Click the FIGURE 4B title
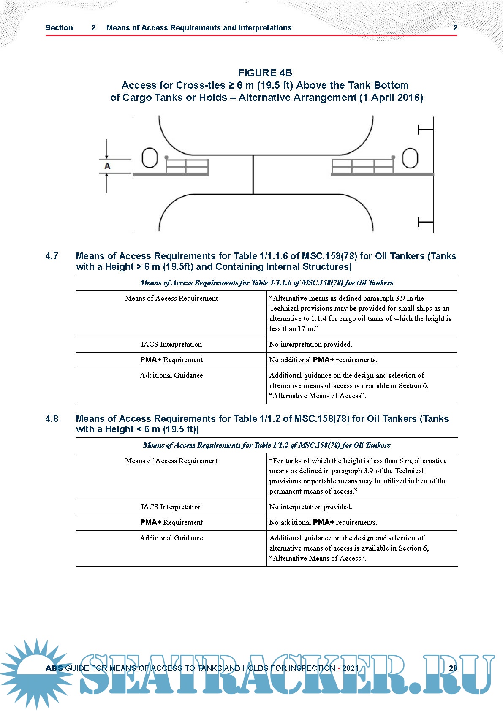pyautogui.click(x=265, y=73)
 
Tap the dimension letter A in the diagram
pyautogui.click(x=107, y=166)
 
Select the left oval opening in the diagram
pyautogui.click(x=150, y=158)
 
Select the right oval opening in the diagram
pyautogui.click(x=410, y=158)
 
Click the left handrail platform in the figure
pyautogui.click(x=187, y=166)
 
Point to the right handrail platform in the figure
pyautogui.click(x=362, y=166)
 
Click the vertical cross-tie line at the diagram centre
pyautogui.click(x=253, y=174)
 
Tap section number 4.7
pyautogui.click(x=52, y=256)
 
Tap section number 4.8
pyautogui.click(x=52, y=419)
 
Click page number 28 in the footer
pyautogui.click(x=453, y=668)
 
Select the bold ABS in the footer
pyautogui.click(x=54, y=668)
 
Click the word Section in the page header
pyautogui.click(x=59, y=28)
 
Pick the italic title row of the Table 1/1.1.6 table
pyautogui.click(x=266, y=283)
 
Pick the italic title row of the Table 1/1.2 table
pyautogui.click(x=266, y=445)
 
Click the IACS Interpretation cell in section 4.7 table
pyautogui.click(x=171, y=345)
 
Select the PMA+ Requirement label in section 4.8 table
pyautogui.click(x=171, y=523)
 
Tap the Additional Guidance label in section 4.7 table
pyautogui.click(x=171, y=376)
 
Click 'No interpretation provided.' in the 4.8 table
pyautogui.click(x=310, y=507)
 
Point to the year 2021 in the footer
pyautogui.click(x=350, y=668)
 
